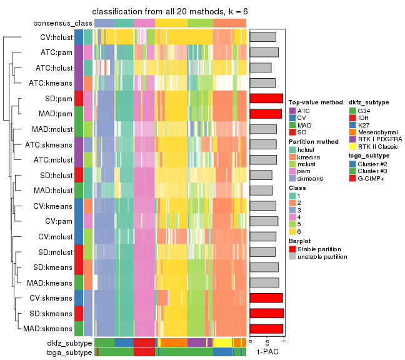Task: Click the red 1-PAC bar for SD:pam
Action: (266, 98)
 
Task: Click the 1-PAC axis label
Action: (267, 352)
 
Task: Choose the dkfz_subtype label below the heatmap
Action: (69, 343)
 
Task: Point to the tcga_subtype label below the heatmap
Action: (69, 352)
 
